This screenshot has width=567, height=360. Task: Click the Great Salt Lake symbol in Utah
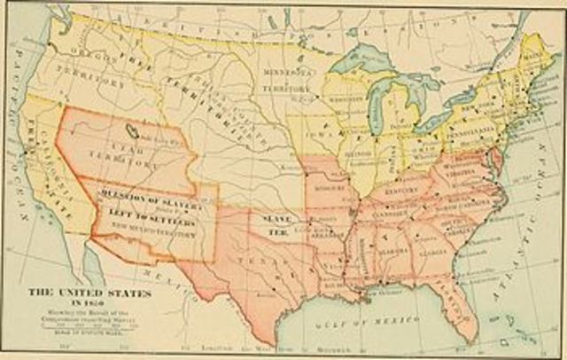[x=132, y=131]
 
